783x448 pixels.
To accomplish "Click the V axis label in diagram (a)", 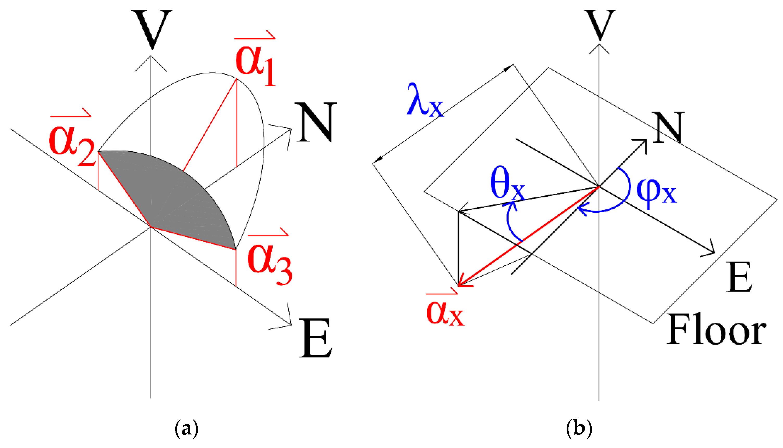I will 152,29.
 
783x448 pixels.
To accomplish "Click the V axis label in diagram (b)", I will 599,25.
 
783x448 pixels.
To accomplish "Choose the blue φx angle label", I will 656,192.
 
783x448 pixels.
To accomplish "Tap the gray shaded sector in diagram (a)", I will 172,197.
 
